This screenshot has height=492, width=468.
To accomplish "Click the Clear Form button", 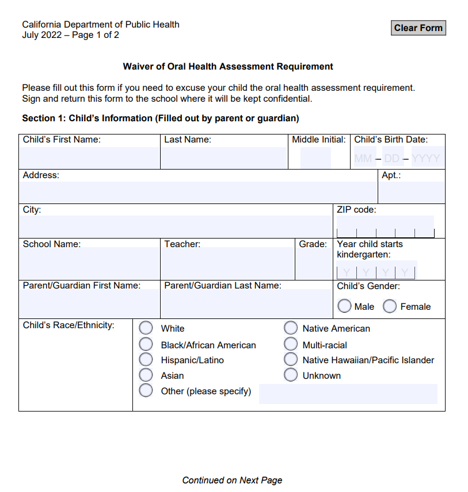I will pyautogui.click(x=418, y=28).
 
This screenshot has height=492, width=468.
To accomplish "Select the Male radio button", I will pyautogui.click(x=345, y=306).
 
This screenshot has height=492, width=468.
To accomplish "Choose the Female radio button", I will pyautogui.click(x=390, y=306).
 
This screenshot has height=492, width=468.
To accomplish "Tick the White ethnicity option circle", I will pyautogui.click(x=146, y=328).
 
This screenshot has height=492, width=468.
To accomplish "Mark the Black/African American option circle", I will pyautogui.click(x=146, y=345).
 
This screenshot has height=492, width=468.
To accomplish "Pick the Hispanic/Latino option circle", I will pyautogui.click(x=146, y=360).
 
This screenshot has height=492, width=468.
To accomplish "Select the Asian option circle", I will pyautogui.click(x=146, y=375).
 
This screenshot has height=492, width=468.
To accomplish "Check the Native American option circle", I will pyautogui.click(x=291, y=328).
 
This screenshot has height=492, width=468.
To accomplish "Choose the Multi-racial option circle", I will pyautogui.click(x=291, y=345).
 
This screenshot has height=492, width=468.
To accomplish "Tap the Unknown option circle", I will pyautogui.click(x=291, y=375).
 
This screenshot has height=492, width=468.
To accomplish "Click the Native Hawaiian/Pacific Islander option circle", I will pyautogui.click(x=291, y=360).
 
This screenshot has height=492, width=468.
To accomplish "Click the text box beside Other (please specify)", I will pyautogui.click(x=348, y=394).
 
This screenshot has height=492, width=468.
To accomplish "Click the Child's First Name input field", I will pyautogui.click(x=89, y=157).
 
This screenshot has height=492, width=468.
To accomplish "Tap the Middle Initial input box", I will pyautogui.click(x=315, y=157).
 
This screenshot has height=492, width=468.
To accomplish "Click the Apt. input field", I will pyautogui.click(x=412, y=192).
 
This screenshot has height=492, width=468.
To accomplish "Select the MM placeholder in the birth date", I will pyautogui.click(x=363, y=158).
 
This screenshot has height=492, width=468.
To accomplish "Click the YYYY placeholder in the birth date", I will pyautogui.click(x=426, y=158).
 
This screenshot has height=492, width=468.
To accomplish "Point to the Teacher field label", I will pyautogui.click(x=182, y=244).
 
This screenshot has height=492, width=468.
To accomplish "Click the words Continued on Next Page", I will pyautogui.click(x=232, y=480).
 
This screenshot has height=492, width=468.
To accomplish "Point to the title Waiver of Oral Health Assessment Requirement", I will pyautogui.click(x=228, y=67).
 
